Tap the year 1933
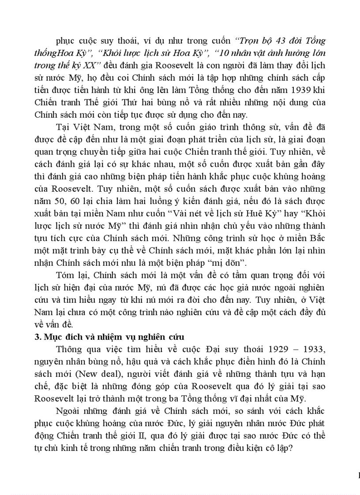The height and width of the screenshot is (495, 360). pos(311,350)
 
